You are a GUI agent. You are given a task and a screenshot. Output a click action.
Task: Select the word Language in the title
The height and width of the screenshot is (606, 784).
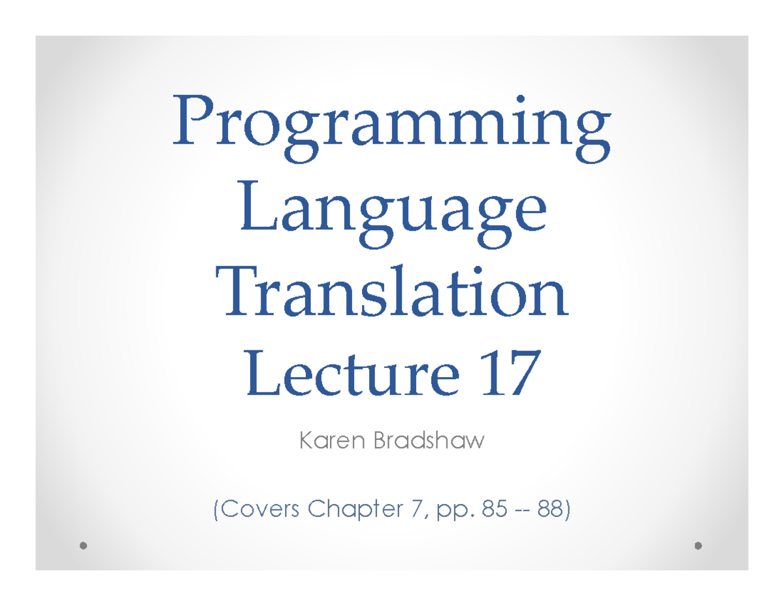click(x=392, y=212)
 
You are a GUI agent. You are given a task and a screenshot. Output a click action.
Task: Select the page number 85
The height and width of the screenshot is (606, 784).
click(x=484, y=507)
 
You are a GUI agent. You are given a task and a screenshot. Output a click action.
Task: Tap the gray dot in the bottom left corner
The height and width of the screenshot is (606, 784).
click(x=83, y=545)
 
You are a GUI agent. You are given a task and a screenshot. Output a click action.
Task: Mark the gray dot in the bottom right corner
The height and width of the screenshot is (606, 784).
click(x=699, y=545)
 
